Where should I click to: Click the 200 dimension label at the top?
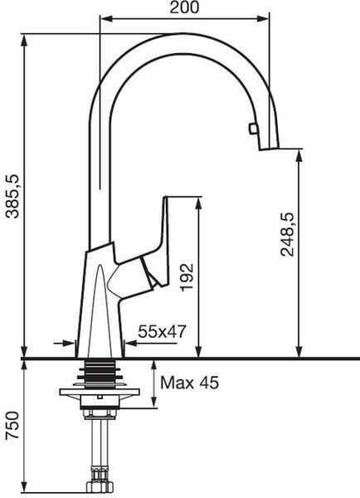pos(184,7)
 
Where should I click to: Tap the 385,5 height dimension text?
pos(13,196)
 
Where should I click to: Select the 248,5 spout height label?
pos(288,234)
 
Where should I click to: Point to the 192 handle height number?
pos(187,277)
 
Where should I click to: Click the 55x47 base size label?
pos(162,332)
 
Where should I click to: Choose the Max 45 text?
pos(189,383)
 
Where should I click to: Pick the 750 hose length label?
pos(13,425)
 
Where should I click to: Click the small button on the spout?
pos(253,129)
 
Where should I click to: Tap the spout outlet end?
pos(270,149)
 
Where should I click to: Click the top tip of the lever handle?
pos(165,198)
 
